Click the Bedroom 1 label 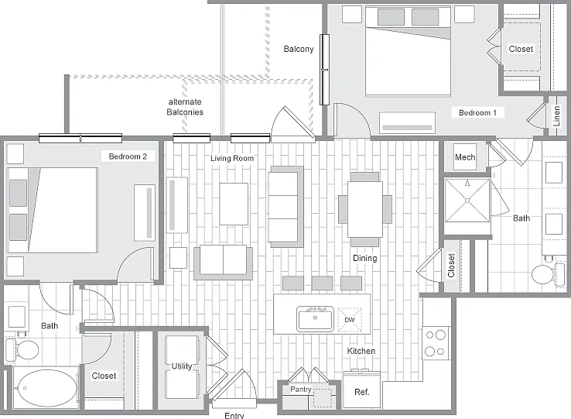(x=477, y=112)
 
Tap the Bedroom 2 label (x=128, y=156)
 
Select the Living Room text (x=232, y=158)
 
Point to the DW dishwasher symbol (x=350, y=320)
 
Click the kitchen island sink (x=315, y=318)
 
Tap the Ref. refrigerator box (x=361, y=390)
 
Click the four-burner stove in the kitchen (x=436, y=343)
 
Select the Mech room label (x=465, y=157)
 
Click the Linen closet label (x=556, y=116)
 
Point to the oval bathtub (x=46, y=388)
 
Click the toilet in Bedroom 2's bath (x=22, y=350)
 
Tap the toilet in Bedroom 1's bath (x=547, y=274)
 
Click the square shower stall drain (x=467, y=200)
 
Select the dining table (x=365, y=209)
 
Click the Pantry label (x=301, y=389)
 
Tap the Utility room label (x=182, y=366)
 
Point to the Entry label (x=234, y=415)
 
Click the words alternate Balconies (x=185, y=107)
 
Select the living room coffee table (x=234, y=204)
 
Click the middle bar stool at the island (x=322, y=283)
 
